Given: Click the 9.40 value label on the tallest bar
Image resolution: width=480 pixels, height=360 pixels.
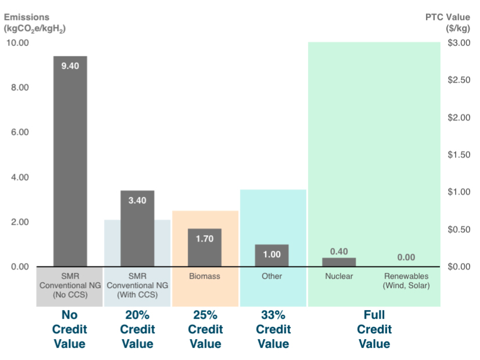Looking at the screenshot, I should pos(70,66).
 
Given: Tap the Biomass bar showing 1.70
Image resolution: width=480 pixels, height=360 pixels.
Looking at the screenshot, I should pos(205,247).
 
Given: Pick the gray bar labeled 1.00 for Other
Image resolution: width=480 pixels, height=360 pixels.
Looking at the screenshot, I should pos(272,255).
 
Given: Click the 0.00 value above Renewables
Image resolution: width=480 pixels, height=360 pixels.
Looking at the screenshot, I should pos(406,257).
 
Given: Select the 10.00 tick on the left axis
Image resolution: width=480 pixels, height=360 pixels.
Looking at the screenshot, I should pos(17,43).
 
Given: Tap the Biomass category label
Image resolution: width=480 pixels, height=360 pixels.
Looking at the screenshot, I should pos(205,276).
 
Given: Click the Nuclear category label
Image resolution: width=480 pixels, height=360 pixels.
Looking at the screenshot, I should pos(339,276).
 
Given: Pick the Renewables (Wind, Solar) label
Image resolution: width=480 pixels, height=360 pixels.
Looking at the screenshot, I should pos(406,281).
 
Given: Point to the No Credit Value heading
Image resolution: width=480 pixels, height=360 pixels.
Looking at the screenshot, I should pos(70,329).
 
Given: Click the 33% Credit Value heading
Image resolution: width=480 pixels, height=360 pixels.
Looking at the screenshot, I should pos(272,329).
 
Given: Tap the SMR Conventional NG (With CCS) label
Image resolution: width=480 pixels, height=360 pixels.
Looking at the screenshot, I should pos(137,281).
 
